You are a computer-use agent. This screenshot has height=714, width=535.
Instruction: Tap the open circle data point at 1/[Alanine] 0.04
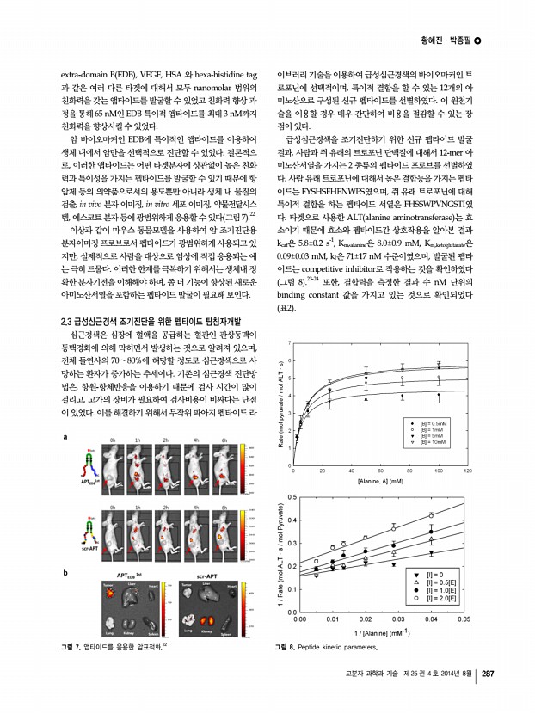(430, 515)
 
